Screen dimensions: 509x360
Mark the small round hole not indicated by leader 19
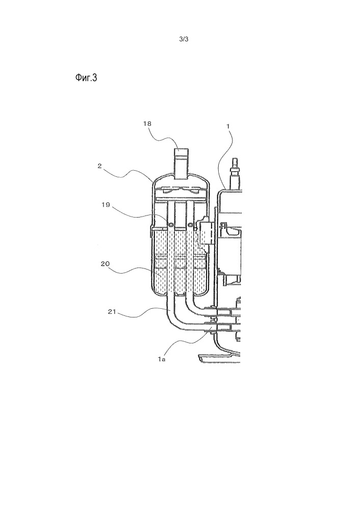point(190,225)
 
